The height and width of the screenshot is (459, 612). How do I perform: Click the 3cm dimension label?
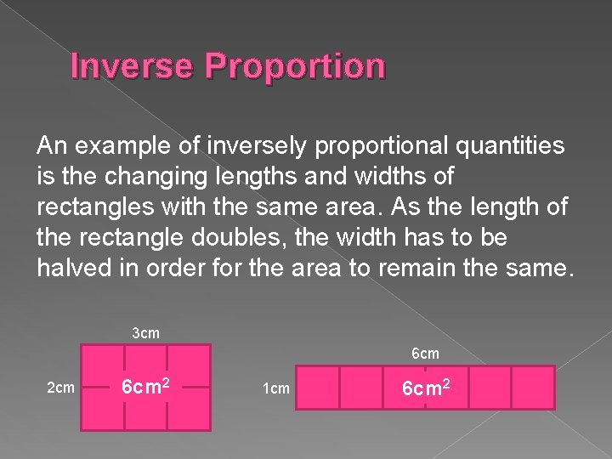(146, 332)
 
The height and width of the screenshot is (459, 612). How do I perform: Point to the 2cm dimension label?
(59, 388)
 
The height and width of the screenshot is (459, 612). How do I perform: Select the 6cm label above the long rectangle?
(425, 353)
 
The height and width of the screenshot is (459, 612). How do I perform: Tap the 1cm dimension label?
(275, 388)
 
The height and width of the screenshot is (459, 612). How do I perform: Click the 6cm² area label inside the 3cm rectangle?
(145, 387)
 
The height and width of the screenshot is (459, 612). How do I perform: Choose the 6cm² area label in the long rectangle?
(425, 388)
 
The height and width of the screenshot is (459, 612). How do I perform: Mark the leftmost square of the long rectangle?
(316, 388)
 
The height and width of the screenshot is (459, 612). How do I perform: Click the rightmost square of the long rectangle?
(533, 388)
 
